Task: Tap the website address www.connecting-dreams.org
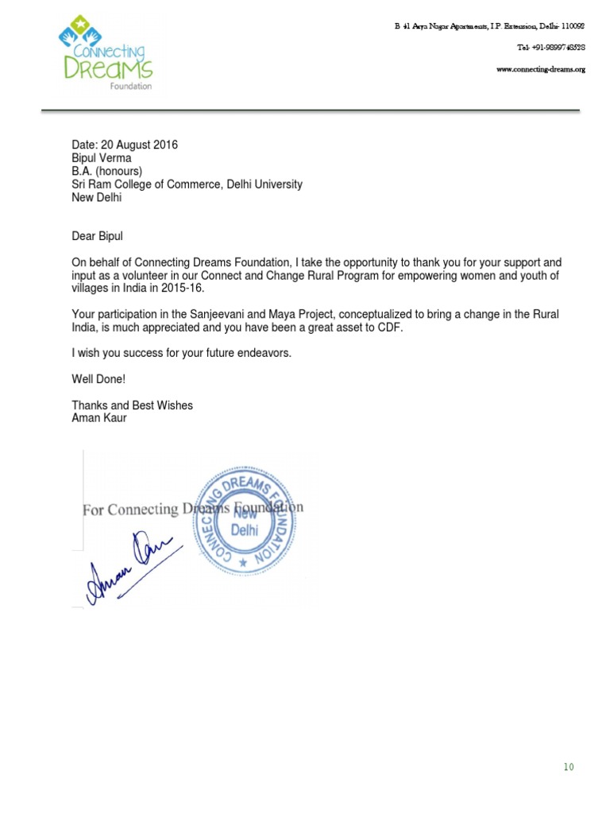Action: click(x=540, y=69)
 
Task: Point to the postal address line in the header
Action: click(x=490, y=26)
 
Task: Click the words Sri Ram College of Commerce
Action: click(x=141, y=184)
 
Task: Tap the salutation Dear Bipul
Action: click(x=98, y=236)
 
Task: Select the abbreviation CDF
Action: click(x=388, y=328)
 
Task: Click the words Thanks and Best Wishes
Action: click(x=132, y=405)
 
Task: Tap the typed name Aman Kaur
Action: click(x=99, y=418)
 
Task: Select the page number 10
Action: click(x=568, y=767)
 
